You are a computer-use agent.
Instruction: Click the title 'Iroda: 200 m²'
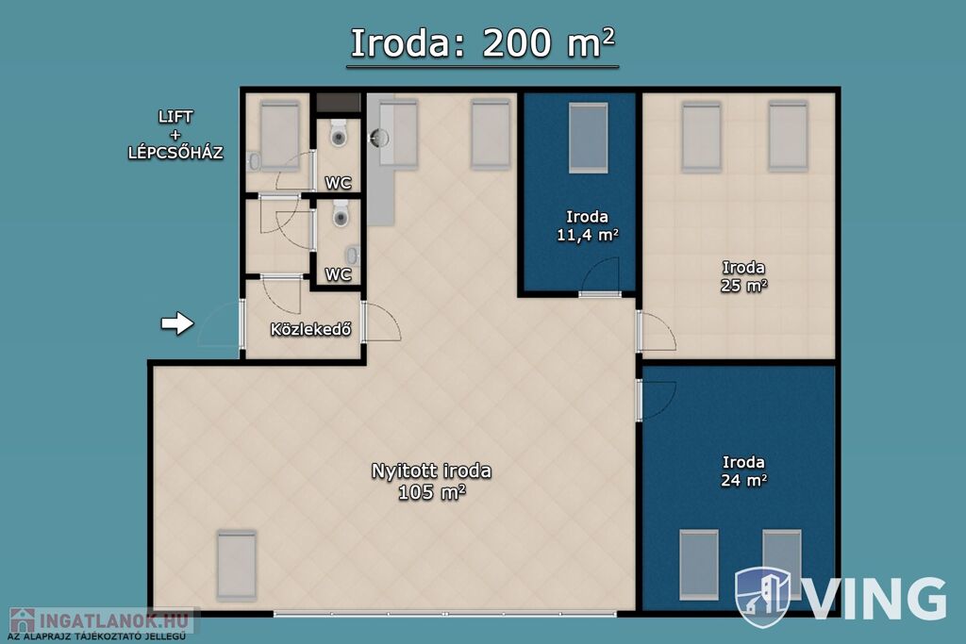[482, 43]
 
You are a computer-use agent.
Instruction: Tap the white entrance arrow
[177, 323]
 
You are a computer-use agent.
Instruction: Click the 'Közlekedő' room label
[310, 329]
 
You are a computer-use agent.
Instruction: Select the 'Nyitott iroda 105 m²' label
[431, 482]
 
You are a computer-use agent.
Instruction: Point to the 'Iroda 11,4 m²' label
[587, 225]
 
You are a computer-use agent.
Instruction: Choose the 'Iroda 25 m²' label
[743, 276]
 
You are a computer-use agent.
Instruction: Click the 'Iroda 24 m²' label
[743, 471]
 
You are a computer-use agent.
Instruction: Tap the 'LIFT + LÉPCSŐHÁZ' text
[175, 134]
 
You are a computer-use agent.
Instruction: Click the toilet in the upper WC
[339, 133]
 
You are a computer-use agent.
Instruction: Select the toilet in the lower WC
[341, 213]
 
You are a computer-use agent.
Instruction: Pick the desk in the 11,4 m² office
[588, 138]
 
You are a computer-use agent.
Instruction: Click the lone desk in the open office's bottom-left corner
[237, 565]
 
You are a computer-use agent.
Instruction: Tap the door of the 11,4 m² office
[600, 278]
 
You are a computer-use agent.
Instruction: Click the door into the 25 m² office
[657, 332]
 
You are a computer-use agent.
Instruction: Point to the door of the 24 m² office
[657, 400]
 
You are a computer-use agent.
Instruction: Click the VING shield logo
[762, 597]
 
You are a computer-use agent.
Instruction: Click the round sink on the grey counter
[379, 138]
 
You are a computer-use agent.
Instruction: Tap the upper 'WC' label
[339, 183]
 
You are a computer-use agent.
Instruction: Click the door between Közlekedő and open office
[381, 322]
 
